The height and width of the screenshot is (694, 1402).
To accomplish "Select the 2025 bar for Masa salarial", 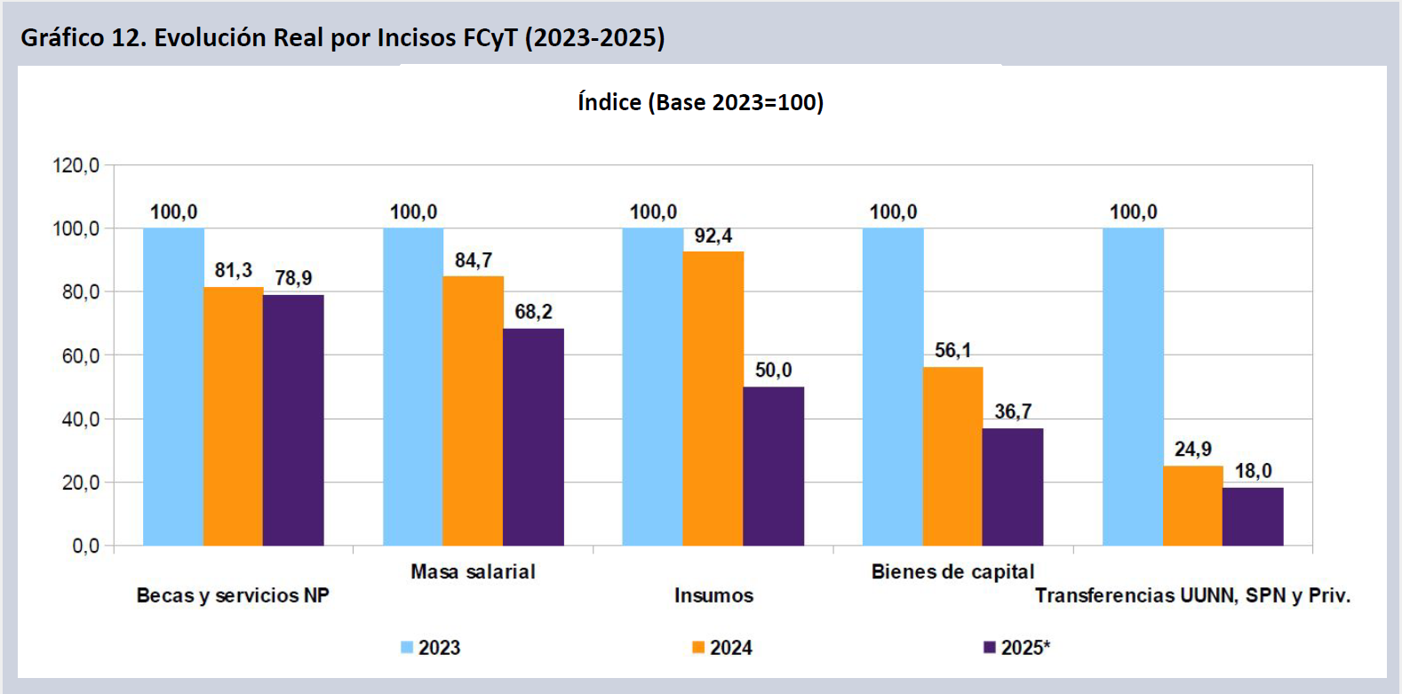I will (533, 437).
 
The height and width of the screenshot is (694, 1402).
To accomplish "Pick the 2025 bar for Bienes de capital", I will (1013, 487).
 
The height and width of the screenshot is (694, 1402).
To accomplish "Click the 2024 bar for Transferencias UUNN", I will (1193, 506).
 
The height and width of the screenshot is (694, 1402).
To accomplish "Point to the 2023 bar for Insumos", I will (653, 387).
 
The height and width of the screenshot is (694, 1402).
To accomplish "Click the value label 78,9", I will (293, 278).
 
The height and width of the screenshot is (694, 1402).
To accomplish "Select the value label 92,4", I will (713, 235).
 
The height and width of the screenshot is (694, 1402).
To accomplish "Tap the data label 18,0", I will (1253, 471).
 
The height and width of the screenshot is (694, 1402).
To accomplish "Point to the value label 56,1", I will (952, 350).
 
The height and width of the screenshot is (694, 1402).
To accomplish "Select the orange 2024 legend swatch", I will (698, 648).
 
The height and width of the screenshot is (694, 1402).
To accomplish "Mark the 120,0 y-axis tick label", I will (76, 165).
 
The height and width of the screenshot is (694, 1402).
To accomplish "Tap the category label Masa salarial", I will (473, 571).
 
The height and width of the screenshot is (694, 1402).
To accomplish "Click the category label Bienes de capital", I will (952, 571).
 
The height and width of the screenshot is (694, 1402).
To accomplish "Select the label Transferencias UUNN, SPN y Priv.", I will (1192, 595).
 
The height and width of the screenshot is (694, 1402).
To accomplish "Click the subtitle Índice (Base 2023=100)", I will (700, 102).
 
